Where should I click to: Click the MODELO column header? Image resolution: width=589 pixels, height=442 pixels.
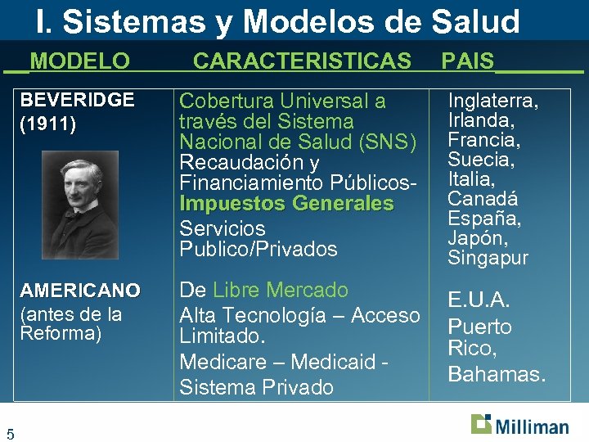coord(79,61)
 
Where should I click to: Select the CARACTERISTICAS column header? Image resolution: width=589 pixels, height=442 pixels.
coord(302,61)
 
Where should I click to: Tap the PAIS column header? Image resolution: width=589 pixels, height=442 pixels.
coord(468,61)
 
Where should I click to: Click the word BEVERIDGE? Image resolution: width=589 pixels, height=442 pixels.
coord(77,101)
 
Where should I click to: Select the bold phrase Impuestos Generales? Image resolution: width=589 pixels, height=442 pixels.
coord(286,204)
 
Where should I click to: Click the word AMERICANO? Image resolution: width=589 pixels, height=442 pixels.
coord(80,291)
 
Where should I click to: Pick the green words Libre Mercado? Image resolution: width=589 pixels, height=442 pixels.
coord(281,290)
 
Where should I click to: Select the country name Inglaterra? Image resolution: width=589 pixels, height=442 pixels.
coord(492,101)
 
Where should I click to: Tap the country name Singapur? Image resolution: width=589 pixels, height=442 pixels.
coord(488,258)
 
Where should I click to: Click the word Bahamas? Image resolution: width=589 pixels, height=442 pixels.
coord(496,374)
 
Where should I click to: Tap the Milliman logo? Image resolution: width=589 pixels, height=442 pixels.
coord(519,425)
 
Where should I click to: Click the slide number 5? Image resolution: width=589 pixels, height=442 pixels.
coord(9,433)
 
